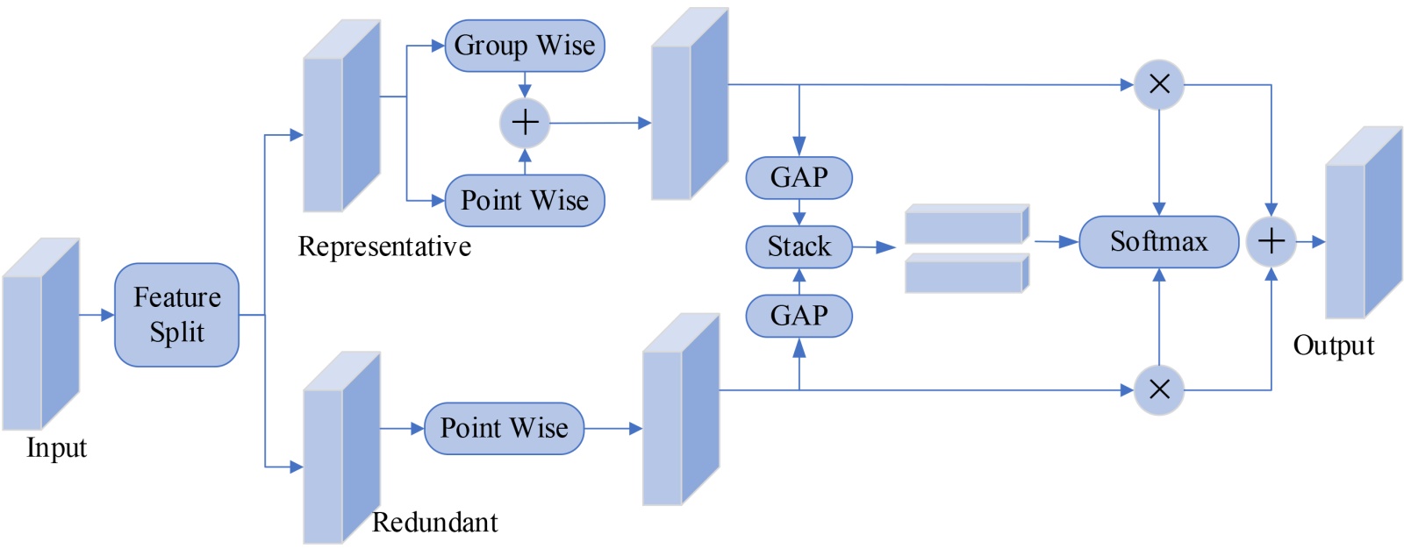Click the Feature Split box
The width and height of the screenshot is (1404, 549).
(176, 315)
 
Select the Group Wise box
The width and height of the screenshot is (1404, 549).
(524, 46)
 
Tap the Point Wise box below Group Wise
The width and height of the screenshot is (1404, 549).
(524, 201)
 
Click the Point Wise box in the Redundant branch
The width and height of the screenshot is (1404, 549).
(504, 428)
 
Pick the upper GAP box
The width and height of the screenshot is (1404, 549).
(799, 178)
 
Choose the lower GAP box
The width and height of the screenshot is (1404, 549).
(799, 316)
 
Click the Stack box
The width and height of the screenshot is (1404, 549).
(799, 246)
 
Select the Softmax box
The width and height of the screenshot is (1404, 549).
(1158, 241)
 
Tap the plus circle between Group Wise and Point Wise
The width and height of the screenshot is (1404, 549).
(525, 123)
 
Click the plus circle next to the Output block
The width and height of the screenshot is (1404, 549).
(1271, 241)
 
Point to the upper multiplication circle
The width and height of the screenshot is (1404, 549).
(1159, 85)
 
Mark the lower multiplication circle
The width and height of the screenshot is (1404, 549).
(1159, 389)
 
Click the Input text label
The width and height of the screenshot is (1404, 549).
(56, 448)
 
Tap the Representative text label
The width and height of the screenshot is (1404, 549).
(384, 247)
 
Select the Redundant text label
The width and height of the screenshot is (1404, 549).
(434, 523)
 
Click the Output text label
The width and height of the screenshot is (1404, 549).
(1333, 346)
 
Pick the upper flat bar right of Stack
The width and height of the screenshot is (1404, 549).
(965, 225)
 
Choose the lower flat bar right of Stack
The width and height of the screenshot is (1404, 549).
(965, 274)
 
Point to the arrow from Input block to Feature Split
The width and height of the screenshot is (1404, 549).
(97, 315)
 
